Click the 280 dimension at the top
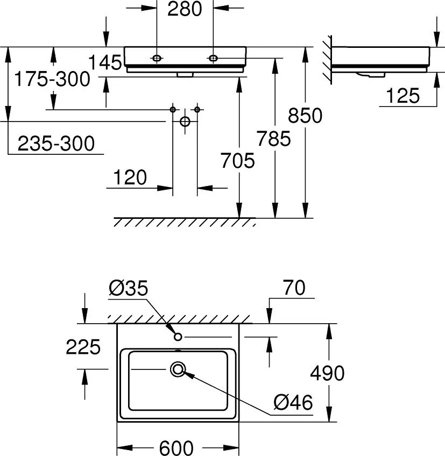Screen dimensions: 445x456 [185, 9]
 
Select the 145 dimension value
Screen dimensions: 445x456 [105, 62]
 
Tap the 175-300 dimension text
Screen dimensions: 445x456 [52, 79]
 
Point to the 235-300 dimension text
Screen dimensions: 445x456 [56, 144]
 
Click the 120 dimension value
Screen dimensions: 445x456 [130, 177]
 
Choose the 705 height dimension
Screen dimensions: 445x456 [237, 161]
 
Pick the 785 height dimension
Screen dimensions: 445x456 [273, 138]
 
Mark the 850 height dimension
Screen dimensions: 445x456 [305, 116]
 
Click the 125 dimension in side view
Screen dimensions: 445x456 [403, 96]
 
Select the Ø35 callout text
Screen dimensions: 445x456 [129, 288]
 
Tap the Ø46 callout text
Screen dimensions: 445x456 [293, 402]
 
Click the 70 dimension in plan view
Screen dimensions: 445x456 [294, 288]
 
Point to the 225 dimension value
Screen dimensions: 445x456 [83, 347]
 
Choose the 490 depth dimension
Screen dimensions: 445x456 [327, 373]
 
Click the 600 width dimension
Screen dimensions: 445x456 [176, 448]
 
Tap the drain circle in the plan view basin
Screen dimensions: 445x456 [178, 369]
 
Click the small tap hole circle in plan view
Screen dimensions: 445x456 [178, 337]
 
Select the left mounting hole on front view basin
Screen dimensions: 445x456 [157, 58]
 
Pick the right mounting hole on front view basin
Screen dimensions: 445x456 [213, 58]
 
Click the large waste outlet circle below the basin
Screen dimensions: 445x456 [185, 122]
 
